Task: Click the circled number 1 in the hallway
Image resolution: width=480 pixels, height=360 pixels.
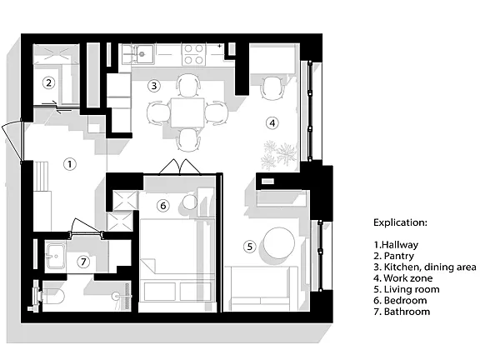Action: [70, 164]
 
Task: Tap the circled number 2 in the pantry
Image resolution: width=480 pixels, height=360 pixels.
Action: [48, 82]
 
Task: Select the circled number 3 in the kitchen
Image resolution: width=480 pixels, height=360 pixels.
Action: [154, 86]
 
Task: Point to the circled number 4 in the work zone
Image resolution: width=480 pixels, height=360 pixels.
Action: [272, 123]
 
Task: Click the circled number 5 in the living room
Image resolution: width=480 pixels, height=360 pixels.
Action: [250, 247]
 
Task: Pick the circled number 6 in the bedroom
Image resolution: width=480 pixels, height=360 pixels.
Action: [163, 205]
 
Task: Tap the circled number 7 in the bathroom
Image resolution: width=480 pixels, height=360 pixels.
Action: [83, 262]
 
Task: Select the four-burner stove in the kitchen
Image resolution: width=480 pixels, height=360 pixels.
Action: [193, 54]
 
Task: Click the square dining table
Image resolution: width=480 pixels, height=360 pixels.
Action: [187, 112]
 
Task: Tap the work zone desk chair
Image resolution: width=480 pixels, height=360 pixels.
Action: [272, 88]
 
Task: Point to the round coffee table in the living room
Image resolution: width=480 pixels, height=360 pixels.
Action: [279, 242]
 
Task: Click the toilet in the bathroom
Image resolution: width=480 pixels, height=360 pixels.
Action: [51, 296]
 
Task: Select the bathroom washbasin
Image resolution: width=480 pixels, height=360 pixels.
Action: [55, 256]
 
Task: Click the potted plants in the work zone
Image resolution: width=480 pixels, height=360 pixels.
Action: [279, 155]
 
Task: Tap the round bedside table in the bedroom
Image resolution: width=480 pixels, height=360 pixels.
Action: [190, 202]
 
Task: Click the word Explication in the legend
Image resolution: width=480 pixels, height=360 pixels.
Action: [400, 222]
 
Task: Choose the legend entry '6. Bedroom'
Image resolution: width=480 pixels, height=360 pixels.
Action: [400, 300]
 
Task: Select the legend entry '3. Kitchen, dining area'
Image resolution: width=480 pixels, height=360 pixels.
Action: [425, 267]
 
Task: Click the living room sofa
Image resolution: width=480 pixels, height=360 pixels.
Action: [261, 288]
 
